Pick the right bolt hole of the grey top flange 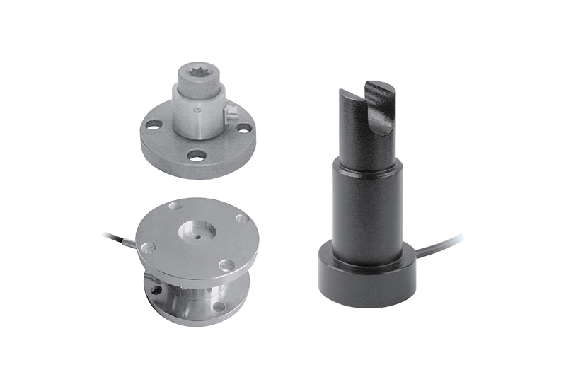[x=243, y=128]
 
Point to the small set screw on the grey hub [x=199, y=110]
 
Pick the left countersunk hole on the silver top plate [x=147, y=248]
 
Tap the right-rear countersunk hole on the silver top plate [x=241, y=219]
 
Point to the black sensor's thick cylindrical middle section [x=364, y=205]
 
